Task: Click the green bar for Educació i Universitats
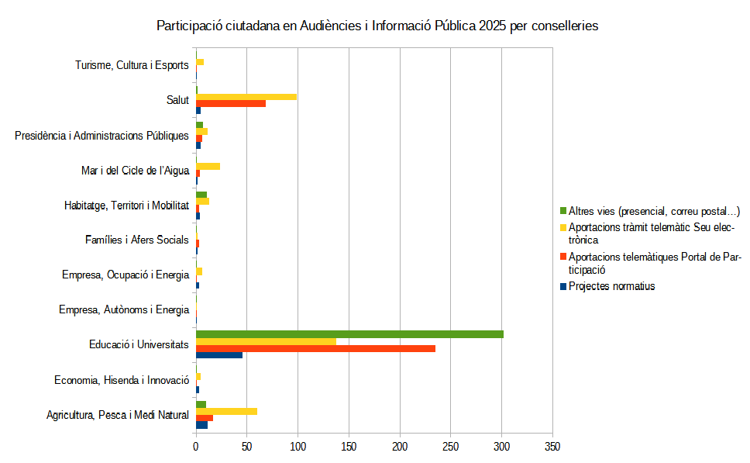click(x=349, y=334)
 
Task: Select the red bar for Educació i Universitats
click(x=315, y=348)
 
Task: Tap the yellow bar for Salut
click(x=246, y=97)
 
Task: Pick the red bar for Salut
click(x=231, y=103)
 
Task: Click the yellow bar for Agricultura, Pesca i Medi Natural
click(x=226, y=411)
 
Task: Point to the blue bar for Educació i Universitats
click(x=219, y=355)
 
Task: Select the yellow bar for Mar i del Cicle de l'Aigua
click(x=208, y=166)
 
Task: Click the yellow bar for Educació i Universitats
click(x=266, y=341)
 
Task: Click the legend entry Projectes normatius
click(x=611, y=286)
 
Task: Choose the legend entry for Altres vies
click(x=654, y=211)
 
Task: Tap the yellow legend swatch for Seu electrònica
click(x=562, y=228)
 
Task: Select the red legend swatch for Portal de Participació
click(x=562, y=257)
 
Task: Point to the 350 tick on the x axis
click(x=552, y=447)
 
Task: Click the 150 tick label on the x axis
click(x=349, y=447)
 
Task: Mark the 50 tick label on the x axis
click(x=247, y=447)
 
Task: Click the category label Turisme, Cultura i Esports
click(x=132, y=65)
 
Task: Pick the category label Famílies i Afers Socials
click(x=136, y=240)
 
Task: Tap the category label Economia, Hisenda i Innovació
click(x=122, y=380)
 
